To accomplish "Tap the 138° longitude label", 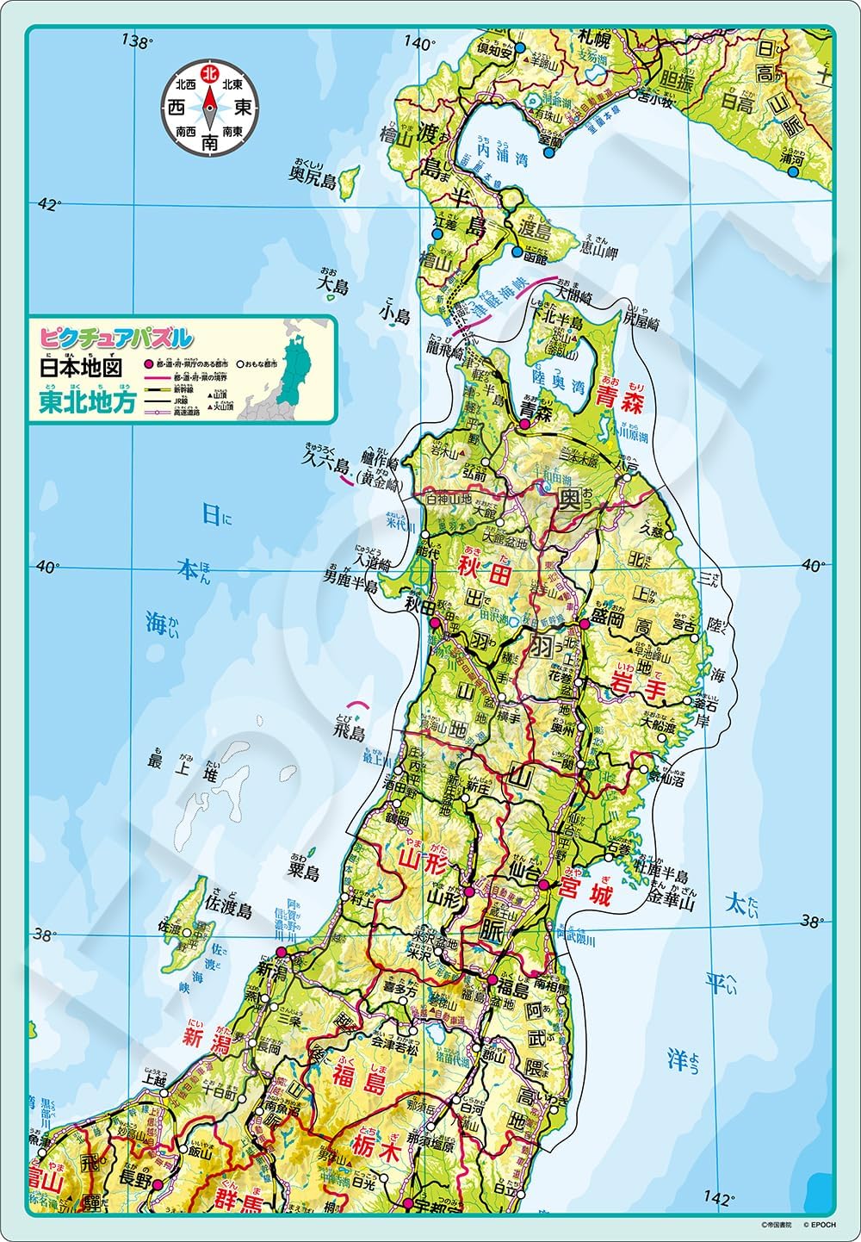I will tap(138, 40).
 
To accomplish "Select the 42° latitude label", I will tap(48, 205).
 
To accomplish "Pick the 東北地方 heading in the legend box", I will tap(85, 403).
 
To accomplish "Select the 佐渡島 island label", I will tap(228, 910).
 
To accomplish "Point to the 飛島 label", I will tap(350, 733).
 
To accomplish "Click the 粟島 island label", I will tap(303, 872).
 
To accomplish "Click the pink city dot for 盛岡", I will tap(584, 623).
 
